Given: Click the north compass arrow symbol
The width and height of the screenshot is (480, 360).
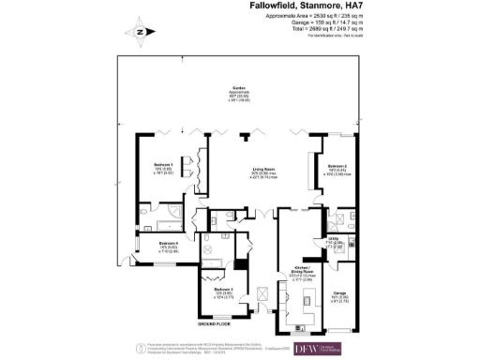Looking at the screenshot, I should point(139,31).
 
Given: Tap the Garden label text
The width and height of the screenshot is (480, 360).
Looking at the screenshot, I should point(240,91).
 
